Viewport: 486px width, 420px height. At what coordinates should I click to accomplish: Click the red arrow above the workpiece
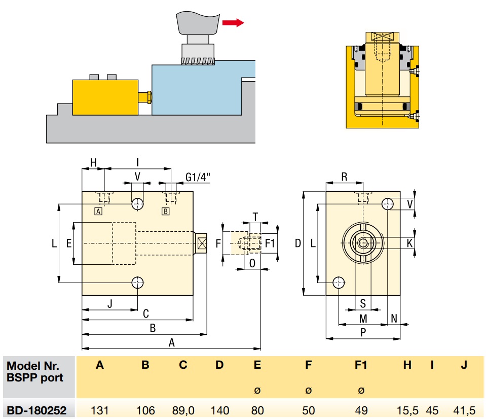pyautogui.click(x=233, y=22)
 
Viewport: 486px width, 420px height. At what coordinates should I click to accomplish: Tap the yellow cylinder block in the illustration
pyautogui.click(x=105, y=97)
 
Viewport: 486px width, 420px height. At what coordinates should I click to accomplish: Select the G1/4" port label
pyautogui.click(x=198, y=177)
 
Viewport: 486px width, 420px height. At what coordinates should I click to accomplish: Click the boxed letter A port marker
pyautogui.click(x=98, y=211)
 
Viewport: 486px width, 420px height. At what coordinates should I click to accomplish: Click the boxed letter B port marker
pyautogui.click(x=165, y=211)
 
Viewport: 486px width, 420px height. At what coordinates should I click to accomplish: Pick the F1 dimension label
pyautogui.click(x=270, y=243)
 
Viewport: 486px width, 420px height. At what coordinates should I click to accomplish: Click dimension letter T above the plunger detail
pyautogui.click(x=256, y=217)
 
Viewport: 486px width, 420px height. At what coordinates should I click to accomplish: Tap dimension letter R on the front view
pyautogui.click(x=345, y=177)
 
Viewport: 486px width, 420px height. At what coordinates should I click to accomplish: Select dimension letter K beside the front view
pyautogui.click(x=410, y=243)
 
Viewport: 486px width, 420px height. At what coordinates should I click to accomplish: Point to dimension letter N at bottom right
pyautogui.click(x=394, y=319)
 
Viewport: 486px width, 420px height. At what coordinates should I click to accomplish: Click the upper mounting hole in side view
pyautogui.click(x=137, y=204)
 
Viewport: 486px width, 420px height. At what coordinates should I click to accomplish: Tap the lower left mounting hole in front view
pyautogui.click(x=339, y=283)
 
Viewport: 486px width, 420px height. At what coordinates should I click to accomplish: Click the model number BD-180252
pyautogui.click(x=36, y=410)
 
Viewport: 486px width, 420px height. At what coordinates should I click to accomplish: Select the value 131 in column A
pyautogui.click(x=100, y=410)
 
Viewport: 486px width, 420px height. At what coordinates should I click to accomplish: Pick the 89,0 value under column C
pyautogui.click(x=183, y=410)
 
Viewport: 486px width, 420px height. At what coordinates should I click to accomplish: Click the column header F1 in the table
pyautogui.click(x=360, y=365)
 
